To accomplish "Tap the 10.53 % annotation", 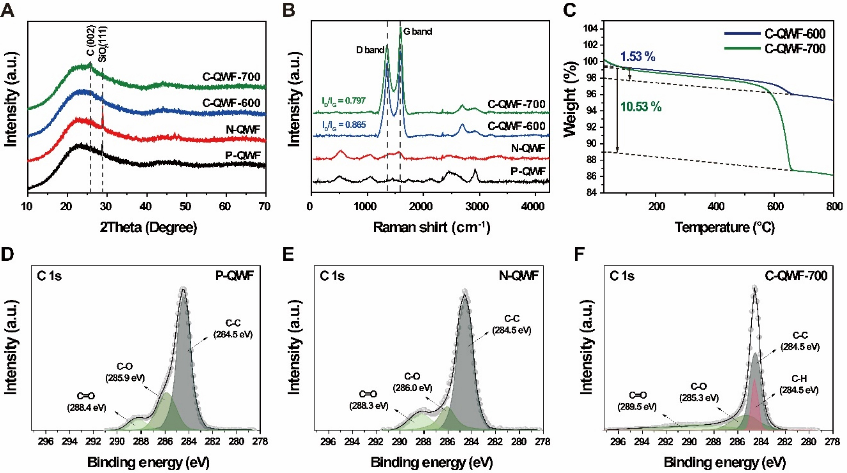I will click(641, 107).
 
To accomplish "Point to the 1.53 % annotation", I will click(638, 57).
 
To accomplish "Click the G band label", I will click(417, 32).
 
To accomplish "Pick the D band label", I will click(370, 50).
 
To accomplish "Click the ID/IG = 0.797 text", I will click(343, 101).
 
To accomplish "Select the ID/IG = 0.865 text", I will click(343, 125).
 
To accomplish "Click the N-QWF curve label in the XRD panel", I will click(243, 130).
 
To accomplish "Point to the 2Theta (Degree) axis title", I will click(148, 227).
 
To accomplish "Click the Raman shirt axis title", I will click(431, 227).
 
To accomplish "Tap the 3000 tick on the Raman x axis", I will click(477, 207).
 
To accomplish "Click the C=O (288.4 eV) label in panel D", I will click(86, 402).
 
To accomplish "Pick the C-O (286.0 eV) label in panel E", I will click(412, 382).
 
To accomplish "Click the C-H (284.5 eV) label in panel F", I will click(799, 384).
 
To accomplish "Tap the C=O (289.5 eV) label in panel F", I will click(637, 401).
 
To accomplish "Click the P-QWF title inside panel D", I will click(234, 276).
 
